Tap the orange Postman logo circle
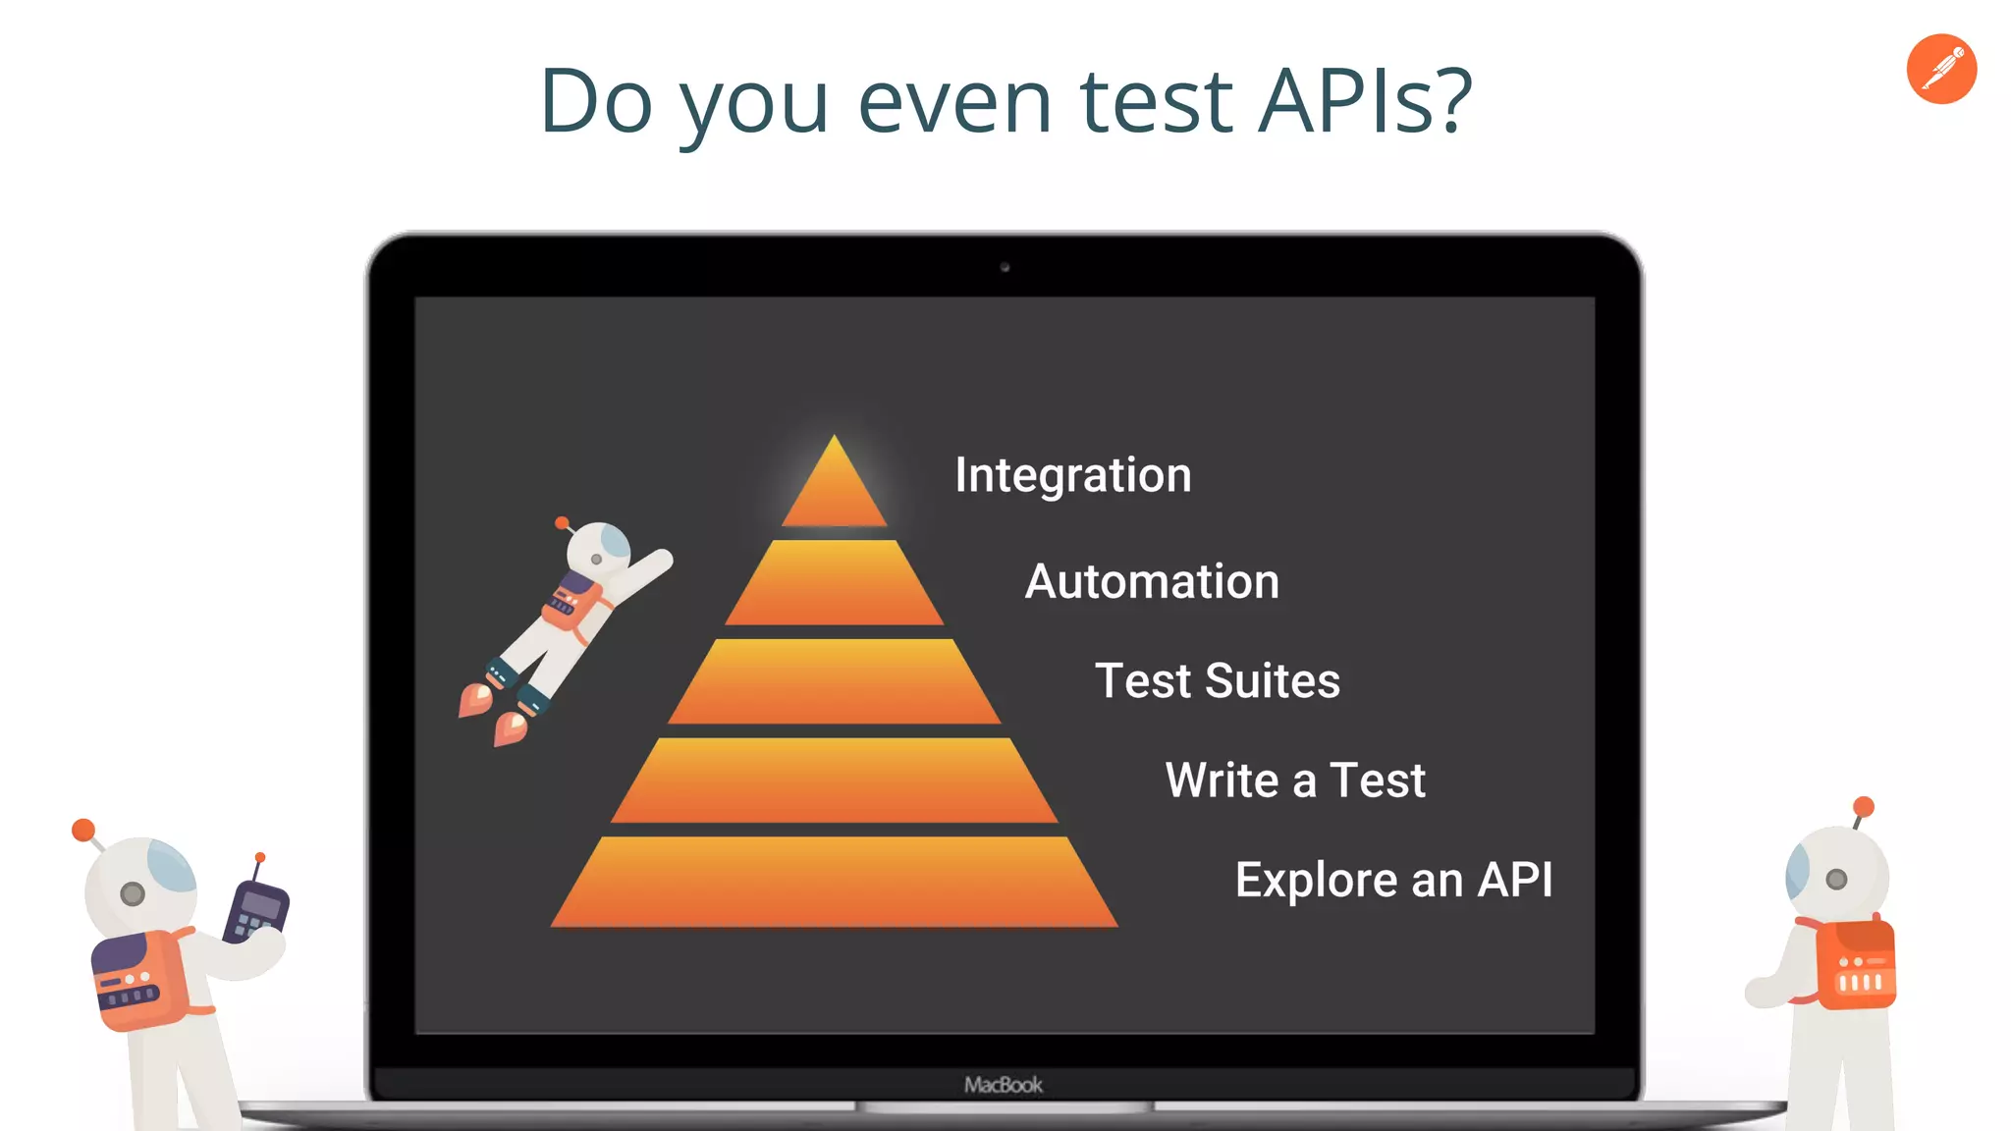point(1941,69)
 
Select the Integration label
point(1072,475)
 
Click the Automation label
point(1152,581)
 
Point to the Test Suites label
point(1217,681)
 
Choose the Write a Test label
point(1295,781)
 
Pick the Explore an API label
point(1393,880)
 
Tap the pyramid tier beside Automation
point(835,583)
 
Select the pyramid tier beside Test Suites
point(835,682)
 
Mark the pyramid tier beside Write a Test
point(835,781)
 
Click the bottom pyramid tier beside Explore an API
point(835,882)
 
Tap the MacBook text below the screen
point(1003,1085)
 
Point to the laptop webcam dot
point(1005,267)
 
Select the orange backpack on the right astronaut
point(1855,965)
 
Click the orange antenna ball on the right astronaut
point(1864,807)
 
